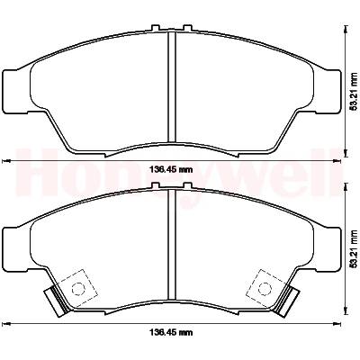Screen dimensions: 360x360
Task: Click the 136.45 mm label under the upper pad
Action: pyautogui.click(x=171, y=170)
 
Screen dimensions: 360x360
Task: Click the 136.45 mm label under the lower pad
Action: pyautogui.click(x=171, y=332)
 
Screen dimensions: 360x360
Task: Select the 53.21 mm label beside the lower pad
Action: pyautogui.click(x=355, y=248)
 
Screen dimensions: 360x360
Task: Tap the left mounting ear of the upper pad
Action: pyautogui.click(x=15, y=92)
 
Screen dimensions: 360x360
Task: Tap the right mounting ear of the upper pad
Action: pyautogui.click(x=327, y=92)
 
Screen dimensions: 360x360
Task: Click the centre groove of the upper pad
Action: pyautogui.click(x=171, y=86)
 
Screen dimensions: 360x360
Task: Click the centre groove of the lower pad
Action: pyautogui.click(x=171, y=244)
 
